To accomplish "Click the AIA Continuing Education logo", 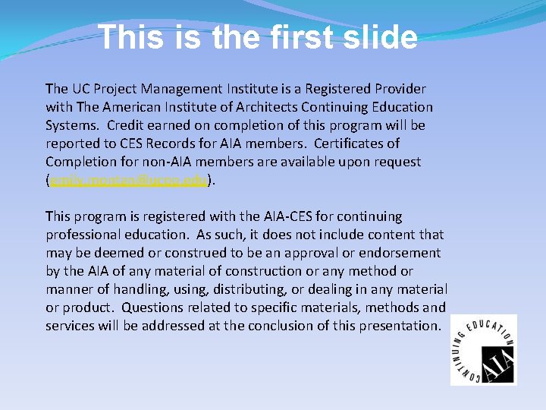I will [483, 349].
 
